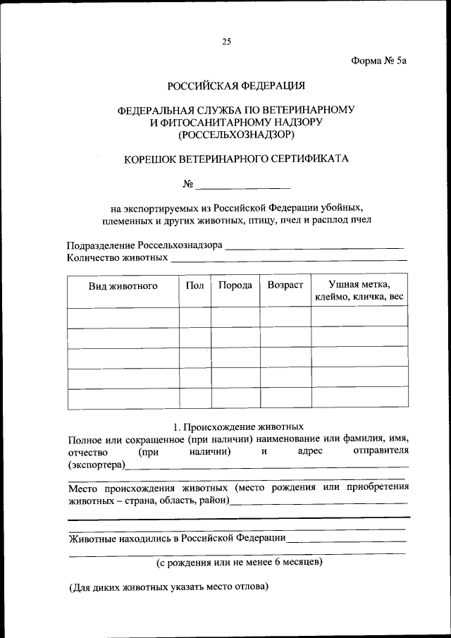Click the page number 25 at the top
(x=226, y=42)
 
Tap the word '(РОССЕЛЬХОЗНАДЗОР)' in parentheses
(x=236, y=133)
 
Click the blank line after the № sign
(x=243, y=186)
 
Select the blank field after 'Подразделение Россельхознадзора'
(x=315, y=246)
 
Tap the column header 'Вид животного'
(x=123, y=286)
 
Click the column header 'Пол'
(x=194, y=286)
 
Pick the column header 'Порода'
(x=235, y=286)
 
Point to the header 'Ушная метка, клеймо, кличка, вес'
(x=359, y=291)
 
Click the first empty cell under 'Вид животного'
(x=123, y=317)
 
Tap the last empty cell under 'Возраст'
(x=285, y=398)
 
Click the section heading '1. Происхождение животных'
(x=238, y=427)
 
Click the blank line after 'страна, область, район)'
(x=319, y=502)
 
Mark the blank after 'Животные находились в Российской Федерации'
(x=347, y=539)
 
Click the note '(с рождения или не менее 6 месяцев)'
(x=239, y=562)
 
